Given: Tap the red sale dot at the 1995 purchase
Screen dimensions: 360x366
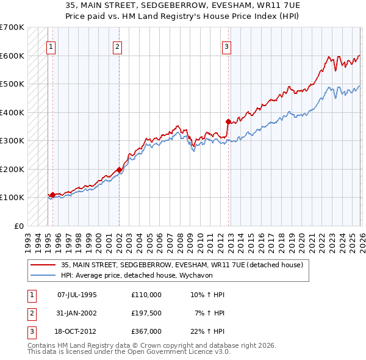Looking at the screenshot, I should pyautogui.click(x=53, y=195).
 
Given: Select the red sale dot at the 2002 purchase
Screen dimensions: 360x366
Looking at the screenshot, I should pyautogui.click(x=119, y=170).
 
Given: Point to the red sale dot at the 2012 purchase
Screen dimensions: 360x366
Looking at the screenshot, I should pyautogui.click(x=228, y=121).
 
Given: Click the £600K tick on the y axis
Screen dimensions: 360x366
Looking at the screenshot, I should pyautogui.click(x=12, y=56).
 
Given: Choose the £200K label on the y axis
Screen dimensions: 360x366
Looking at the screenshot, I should pyautogui.click(x=12, y=169).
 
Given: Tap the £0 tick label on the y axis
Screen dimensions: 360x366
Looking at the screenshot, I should pyautogui.click(x=18, y=226).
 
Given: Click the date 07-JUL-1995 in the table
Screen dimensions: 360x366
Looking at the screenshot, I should pyautogui.click(x=77, y=295).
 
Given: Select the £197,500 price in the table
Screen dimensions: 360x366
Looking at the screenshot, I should pyautogui.click(x=146, y=313).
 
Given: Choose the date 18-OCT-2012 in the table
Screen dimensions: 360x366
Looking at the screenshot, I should pyautogui.click(x=77, y=331).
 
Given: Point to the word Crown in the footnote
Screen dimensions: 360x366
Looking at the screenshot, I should pyautogui.click(x=159, y=345).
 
